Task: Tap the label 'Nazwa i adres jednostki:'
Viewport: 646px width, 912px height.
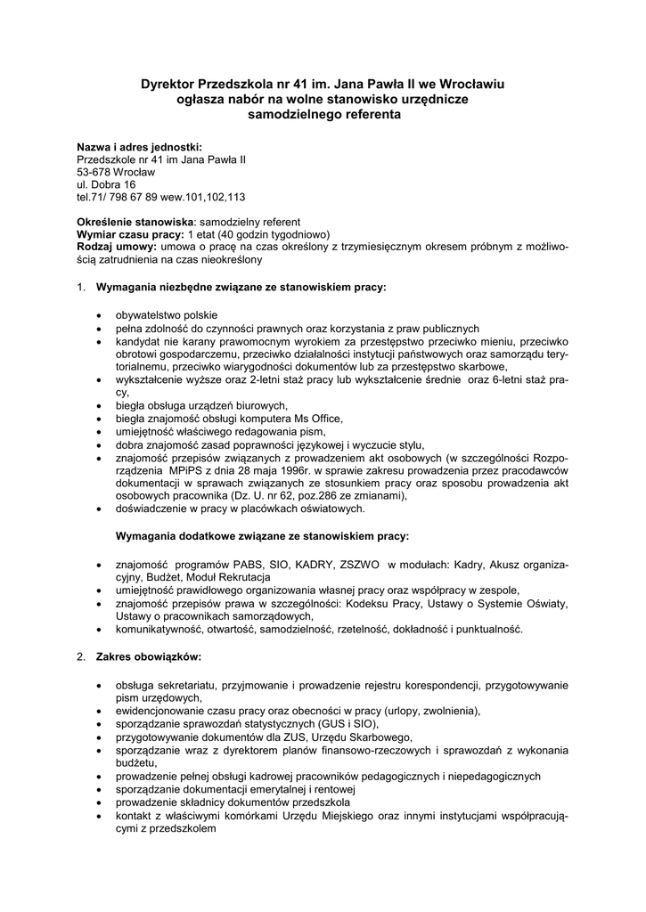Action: click(139, 146)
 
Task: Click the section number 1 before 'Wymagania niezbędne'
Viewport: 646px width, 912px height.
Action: click(80, 288)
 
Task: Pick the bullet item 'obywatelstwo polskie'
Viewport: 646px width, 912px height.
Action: click(166, 314)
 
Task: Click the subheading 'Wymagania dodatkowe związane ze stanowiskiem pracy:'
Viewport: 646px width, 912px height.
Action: click(263, 536)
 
